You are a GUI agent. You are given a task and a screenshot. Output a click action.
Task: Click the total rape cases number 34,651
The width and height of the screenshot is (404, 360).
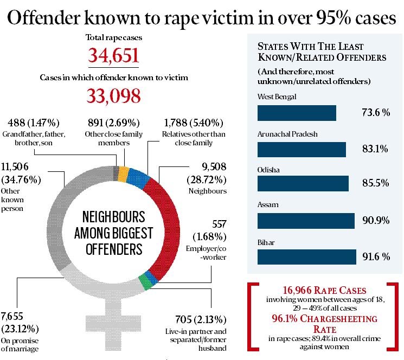click(x=114, y=56)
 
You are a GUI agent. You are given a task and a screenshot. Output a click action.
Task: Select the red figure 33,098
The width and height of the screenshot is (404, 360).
click(x=114, y=95)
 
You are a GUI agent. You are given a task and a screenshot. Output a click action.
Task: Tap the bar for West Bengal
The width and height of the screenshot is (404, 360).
click(x=297, y=113)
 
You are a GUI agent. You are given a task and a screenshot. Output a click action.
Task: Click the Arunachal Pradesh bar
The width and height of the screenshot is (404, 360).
click(x=302, y=149)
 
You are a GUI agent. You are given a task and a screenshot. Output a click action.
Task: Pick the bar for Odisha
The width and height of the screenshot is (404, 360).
click(x=303, y=184)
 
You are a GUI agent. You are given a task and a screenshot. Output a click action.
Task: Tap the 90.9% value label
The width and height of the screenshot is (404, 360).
click(x=376, y=221)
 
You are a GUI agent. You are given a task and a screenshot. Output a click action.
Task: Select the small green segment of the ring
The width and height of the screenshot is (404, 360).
click(x=143, y=281)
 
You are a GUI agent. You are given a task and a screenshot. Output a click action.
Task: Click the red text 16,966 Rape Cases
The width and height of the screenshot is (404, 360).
click(x=324, y=290)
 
